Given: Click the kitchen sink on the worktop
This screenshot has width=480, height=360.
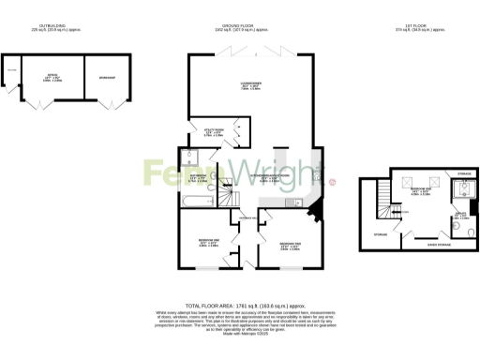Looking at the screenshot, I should (295, 203).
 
